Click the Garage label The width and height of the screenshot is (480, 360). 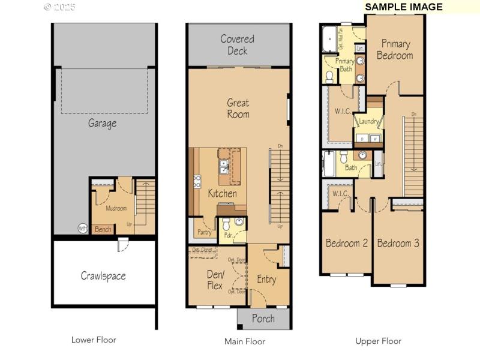coord(102,124)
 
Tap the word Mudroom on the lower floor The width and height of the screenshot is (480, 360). coord(116,209)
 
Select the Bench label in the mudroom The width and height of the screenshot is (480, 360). coord(103,229)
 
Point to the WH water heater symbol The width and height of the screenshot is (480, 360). coord(82,229)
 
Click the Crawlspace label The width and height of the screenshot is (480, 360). coord(103,276)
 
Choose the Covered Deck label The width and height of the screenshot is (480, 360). coord(237,45)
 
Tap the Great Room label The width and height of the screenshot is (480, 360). coord(238,109)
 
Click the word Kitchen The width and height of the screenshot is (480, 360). coord(222,193)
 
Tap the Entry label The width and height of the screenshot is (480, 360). coord(266,279)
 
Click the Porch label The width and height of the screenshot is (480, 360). coord(263,319)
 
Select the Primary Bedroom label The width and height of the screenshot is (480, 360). coord(395,50)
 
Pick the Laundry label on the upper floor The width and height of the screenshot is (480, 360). coord(368,122)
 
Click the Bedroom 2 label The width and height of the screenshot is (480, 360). coord(346,243)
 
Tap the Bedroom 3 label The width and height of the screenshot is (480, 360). coord(398,243)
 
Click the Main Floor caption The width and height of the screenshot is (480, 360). coord(244,341)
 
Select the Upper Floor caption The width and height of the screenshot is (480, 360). coord(378,341)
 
